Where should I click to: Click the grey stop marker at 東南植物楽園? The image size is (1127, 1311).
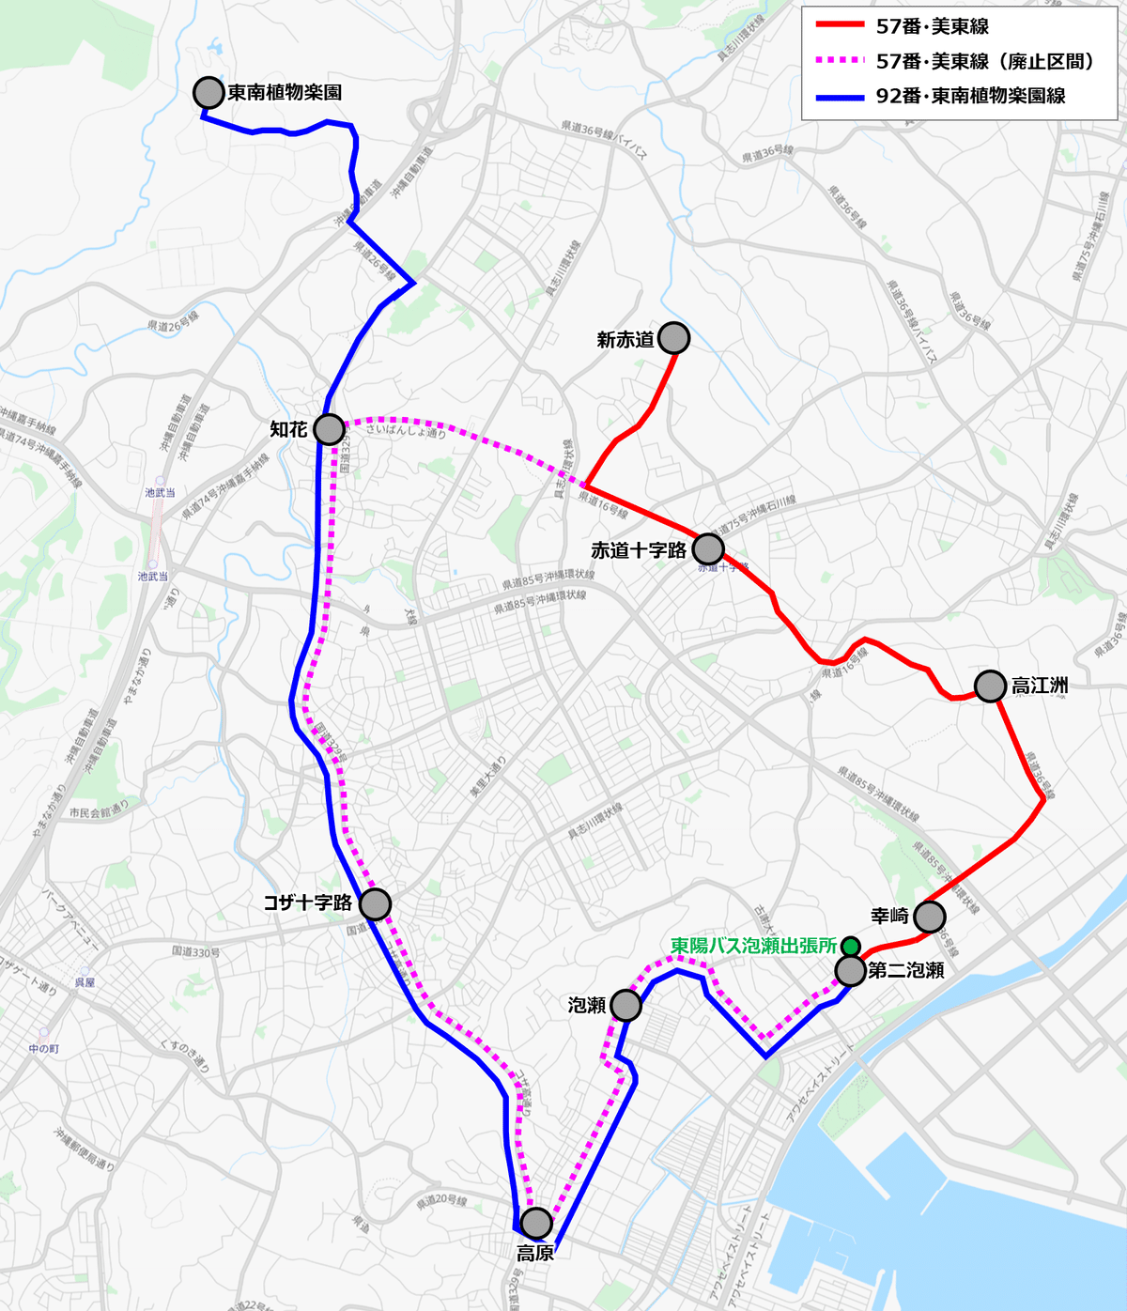click(x=208, y=92)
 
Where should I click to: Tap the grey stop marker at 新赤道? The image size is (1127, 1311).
click(x=673, y=338)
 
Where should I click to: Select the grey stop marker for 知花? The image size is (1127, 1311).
click(x=329, y=429)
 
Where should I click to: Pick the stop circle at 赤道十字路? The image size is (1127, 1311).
click(x=708, y=548)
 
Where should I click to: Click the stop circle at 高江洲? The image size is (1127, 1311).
click(x=990, y=686)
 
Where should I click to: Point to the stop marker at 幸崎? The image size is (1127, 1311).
click(x=929, y=916)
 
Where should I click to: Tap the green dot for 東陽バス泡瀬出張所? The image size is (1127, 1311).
click(x=851, y=946)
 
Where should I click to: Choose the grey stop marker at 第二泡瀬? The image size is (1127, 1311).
click(x=850, y=970)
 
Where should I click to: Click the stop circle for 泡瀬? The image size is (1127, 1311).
click(x=625, y=1005)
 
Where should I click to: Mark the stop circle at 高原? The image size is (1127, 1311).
click(x=536, y=1223)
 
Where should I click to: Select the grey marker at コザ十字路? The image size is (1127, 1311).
click(x=375, y=903)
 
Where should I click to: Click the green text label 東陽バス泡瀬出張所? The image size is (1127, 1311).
click(x=753, y=946)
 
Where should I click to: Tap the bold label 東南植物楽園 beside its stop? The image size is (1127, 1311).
click(x=284, y=93)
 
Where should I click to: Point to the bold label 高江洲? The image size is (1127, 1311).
click(x=1040, y=686)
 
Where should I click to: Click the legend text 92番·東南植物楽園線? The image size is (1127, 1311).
click(x=970, y=96)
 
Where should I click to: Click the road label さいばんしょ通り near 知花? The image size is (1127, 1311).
click(x=406, y=431)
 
